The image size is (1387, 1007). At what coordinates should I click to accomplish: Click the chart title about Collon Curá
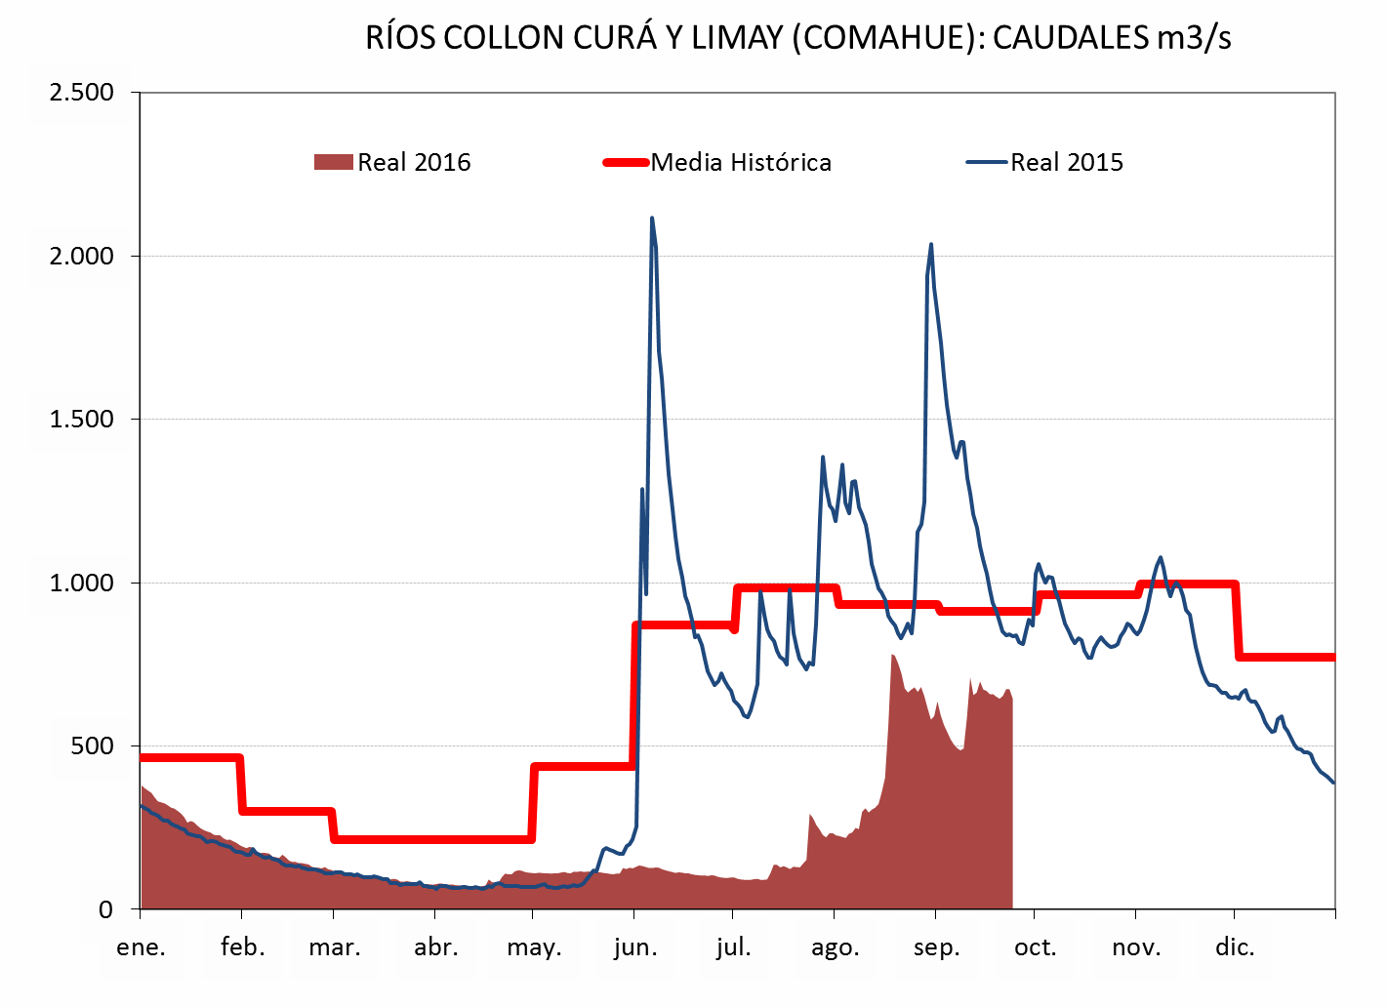click(797, 38)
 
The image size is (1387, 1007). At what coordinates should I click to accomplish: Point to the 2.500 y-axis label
click(82, 93)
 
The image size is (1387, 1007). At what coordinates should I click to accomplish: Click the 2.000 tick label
click(82, 257)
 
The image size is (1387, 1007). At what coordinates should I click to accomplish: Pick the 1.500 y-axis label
click(82, 420)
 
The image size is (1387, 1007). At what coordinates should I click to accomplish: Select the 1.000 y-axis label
click(82, 584)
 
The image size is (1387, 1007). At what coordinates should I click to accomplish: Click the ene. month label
click(142, 947)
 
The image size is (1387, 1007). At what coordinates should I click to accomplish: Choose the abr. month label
click(435, 947)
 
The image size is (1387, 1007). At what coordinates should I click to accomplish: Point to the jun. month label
click(635, 947)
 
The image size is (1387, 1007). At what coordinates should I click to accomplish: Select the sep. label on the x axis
click(936, 947)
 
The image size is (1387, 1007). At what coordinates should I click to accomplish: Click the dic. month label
click(1235, 947)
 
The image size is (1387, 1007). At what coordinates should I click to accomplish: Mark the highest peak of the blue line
click(651, 218)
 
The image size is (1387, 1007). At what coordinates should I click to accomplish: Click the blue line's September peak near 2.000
click(931, 244)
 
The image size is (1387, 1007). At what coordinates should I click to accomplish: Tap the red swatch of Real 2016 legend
click(333, 163)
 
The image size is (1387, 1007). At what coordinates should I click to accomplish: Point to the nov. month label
click(1136, 947)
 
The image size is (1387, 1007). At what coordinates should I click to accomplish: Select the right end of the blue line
click(1333, 783)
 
